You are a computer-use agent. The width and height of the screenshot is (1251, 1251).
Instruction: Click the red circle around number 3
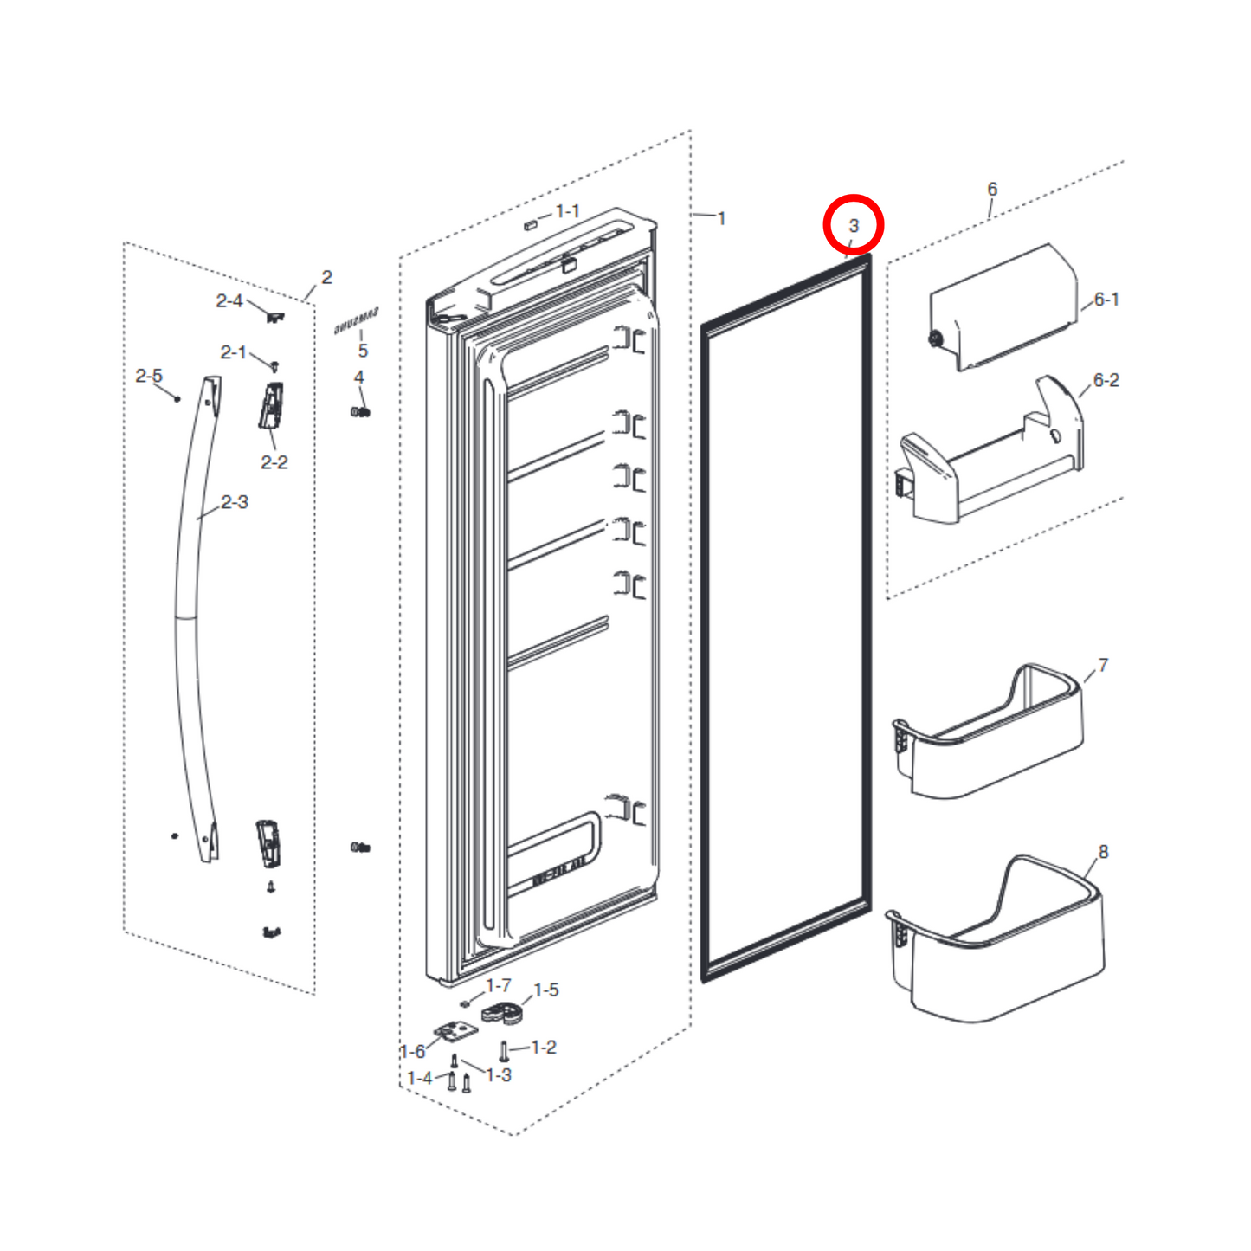[853, 225]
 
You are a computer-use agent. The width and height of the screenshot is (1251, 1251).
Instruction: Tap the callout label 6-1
[1106, 300]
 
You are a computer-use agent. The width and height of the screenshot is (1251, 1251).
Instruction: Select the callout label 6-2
[1106, 380]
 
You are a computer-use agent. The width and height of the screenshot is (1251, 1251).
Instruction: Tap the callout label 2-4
[229, 300]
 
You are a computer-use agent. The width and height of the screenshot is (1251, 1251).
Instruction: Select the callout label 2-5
[149, 376]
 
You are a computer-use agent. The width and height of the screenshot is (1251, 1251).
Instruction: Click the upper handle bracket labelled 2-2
[272, 406]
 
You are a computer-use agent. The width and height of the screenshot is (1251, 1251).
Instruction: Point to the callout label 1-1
[567, 211]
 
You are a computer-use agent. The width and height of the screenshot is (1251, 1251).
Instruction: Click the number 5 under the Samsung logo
[363, 351]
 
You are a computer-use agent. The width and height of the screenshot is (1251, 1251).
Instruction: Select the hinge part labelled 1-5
[500, 1012]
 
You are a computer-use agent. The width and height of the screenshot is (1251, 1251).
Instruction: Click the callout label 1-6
[413, 1051]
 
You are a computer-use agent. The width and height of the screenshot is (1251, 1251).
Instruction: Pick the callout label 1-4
[420, 1078]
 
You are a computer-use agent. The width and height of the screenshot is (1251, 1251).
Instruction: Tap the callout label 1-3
[499, 1075]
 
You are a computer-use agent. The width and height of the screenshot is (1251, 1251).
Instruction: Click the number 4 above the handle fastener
[358, 377]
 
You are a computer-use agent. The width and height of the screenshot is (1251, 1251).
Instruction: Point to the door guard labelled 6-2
[987, 459]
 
